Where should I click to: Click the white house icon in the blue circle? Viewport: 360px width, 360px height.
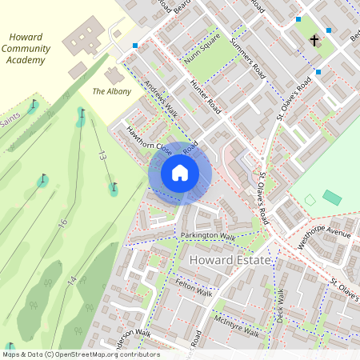coord(180,172)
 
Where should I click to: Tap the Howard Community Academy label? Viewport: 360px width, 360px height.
coord(28,49)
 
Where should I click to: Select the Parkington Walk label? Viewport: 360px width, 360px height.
coord(207,236)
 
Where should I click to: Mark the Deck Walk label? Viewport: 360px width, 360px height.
coord(280,305)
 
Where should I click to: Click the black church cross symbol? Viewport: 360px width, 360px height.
coord(314,39)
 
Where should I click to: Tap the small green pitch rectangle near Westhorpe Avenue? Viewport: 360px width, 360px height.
coord(330,197)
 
